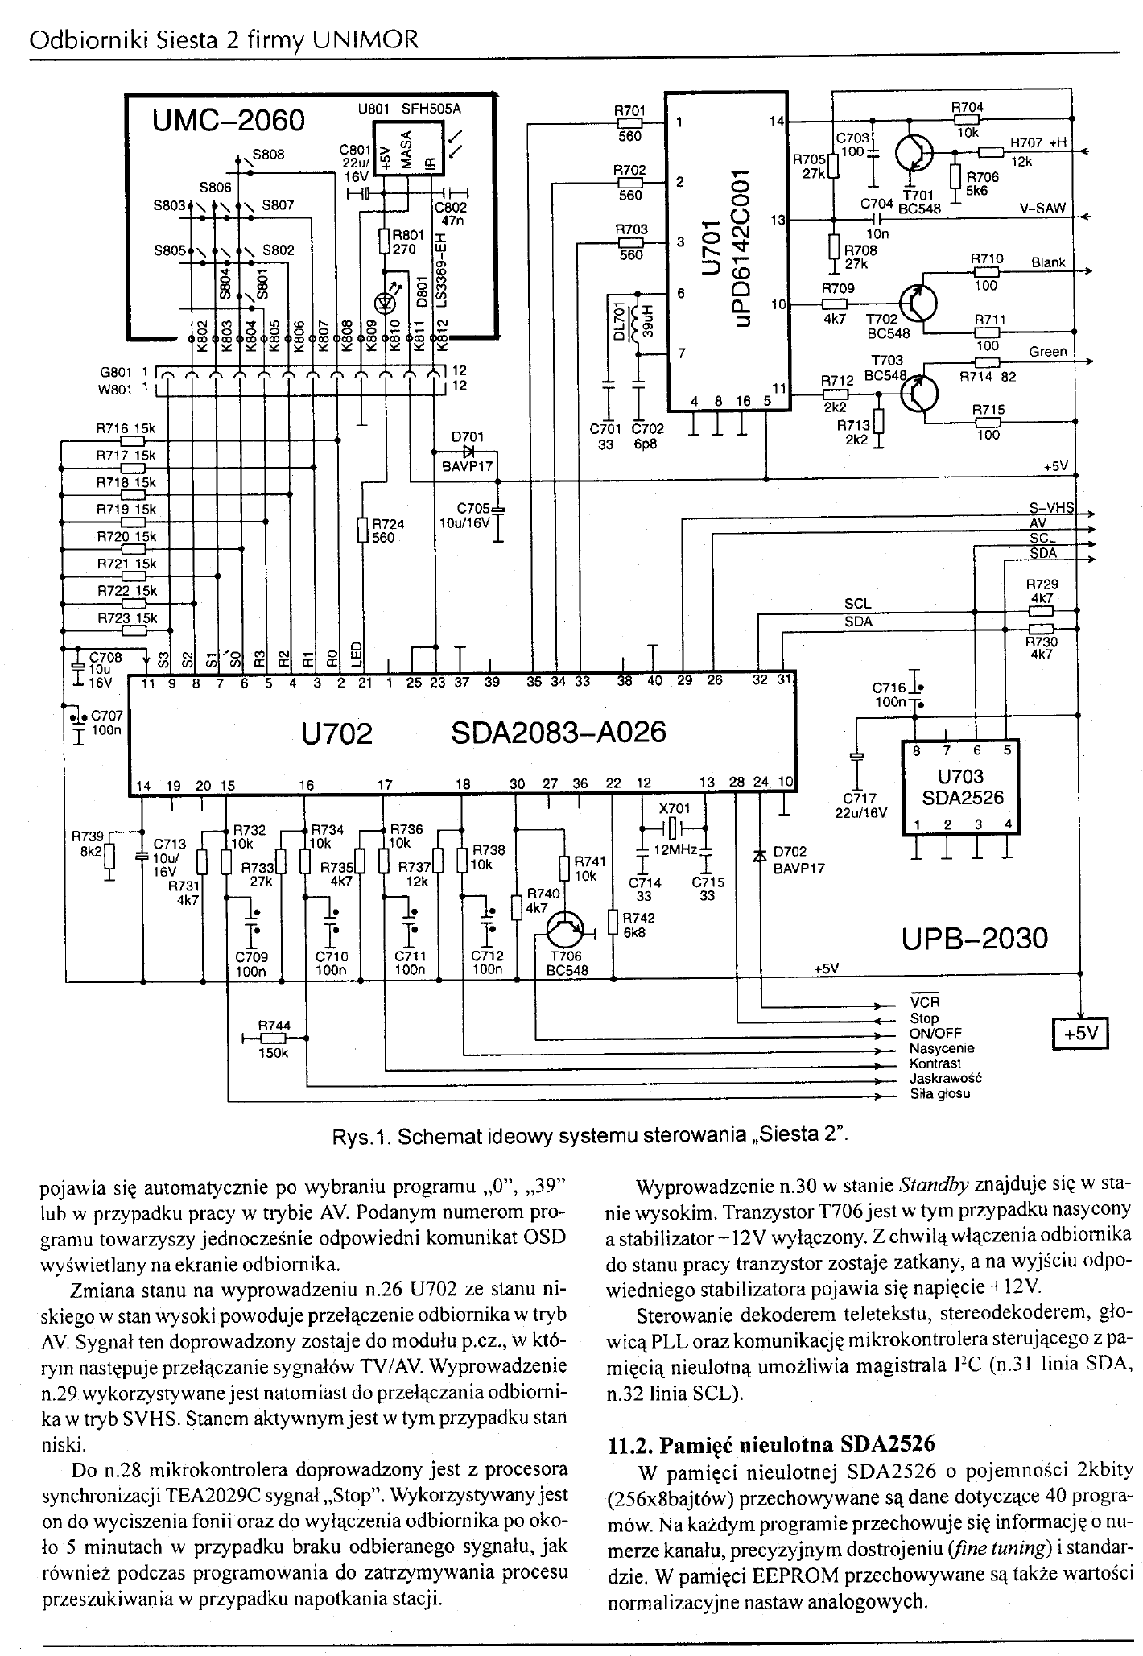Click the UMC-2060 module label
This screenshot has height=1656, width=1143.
tap(229, 121)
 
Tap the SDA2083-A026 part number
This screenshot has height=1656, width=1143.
tap(558, 733)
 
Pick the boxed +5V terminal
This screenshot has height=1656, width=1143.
tap(1081, 1034)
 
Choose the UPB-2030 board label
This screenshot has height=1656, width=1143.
tap(975, 939)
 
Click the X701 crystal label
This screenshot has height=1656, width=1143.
tap(675, 808)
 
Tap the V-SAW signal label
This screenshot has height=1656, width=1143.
tap(1042, 208)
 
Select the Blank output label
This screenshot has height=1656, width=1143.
tap(1048, 262)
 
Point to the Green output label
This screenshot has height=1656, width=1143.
tap(1048, 351)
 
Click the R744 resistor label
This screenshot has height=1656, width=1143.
tap(274, 1026)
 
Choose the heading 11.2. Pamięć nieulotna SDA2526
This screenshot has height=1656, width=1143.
tap(771, 1443)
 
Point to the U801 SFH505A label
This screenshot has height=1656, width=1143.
tap(413, 108)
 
